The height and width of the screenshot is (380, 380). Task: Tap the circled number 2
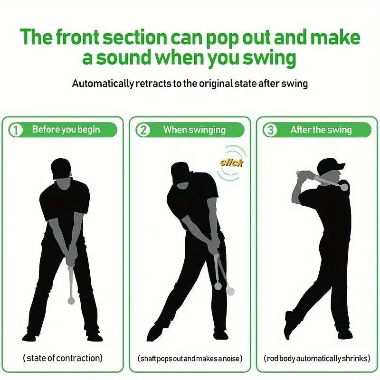point(143,130)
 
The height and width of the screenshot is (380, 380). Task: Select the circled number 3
point(270,130)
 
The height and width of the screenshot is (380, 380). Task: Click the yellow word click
point(231,163)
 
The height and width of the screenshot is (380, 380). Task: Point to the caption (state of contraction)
point(63,358)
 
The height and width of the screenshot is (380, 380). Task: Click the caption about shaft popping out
point(190,358)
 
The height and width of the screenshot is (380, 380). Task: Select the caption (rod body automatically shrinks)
point(317,358)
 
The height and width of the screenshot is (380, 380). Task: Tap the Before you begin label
point(66,130)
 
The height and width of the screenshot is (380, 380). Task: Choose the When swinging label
point(194,130)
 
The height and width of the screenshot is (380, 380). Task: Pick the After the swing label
point(321,130)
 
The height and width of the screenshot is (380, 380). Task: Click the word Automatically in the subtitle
point(103,84)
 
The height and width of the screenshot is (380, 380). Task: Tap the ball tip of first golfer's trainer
point(71,301)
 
